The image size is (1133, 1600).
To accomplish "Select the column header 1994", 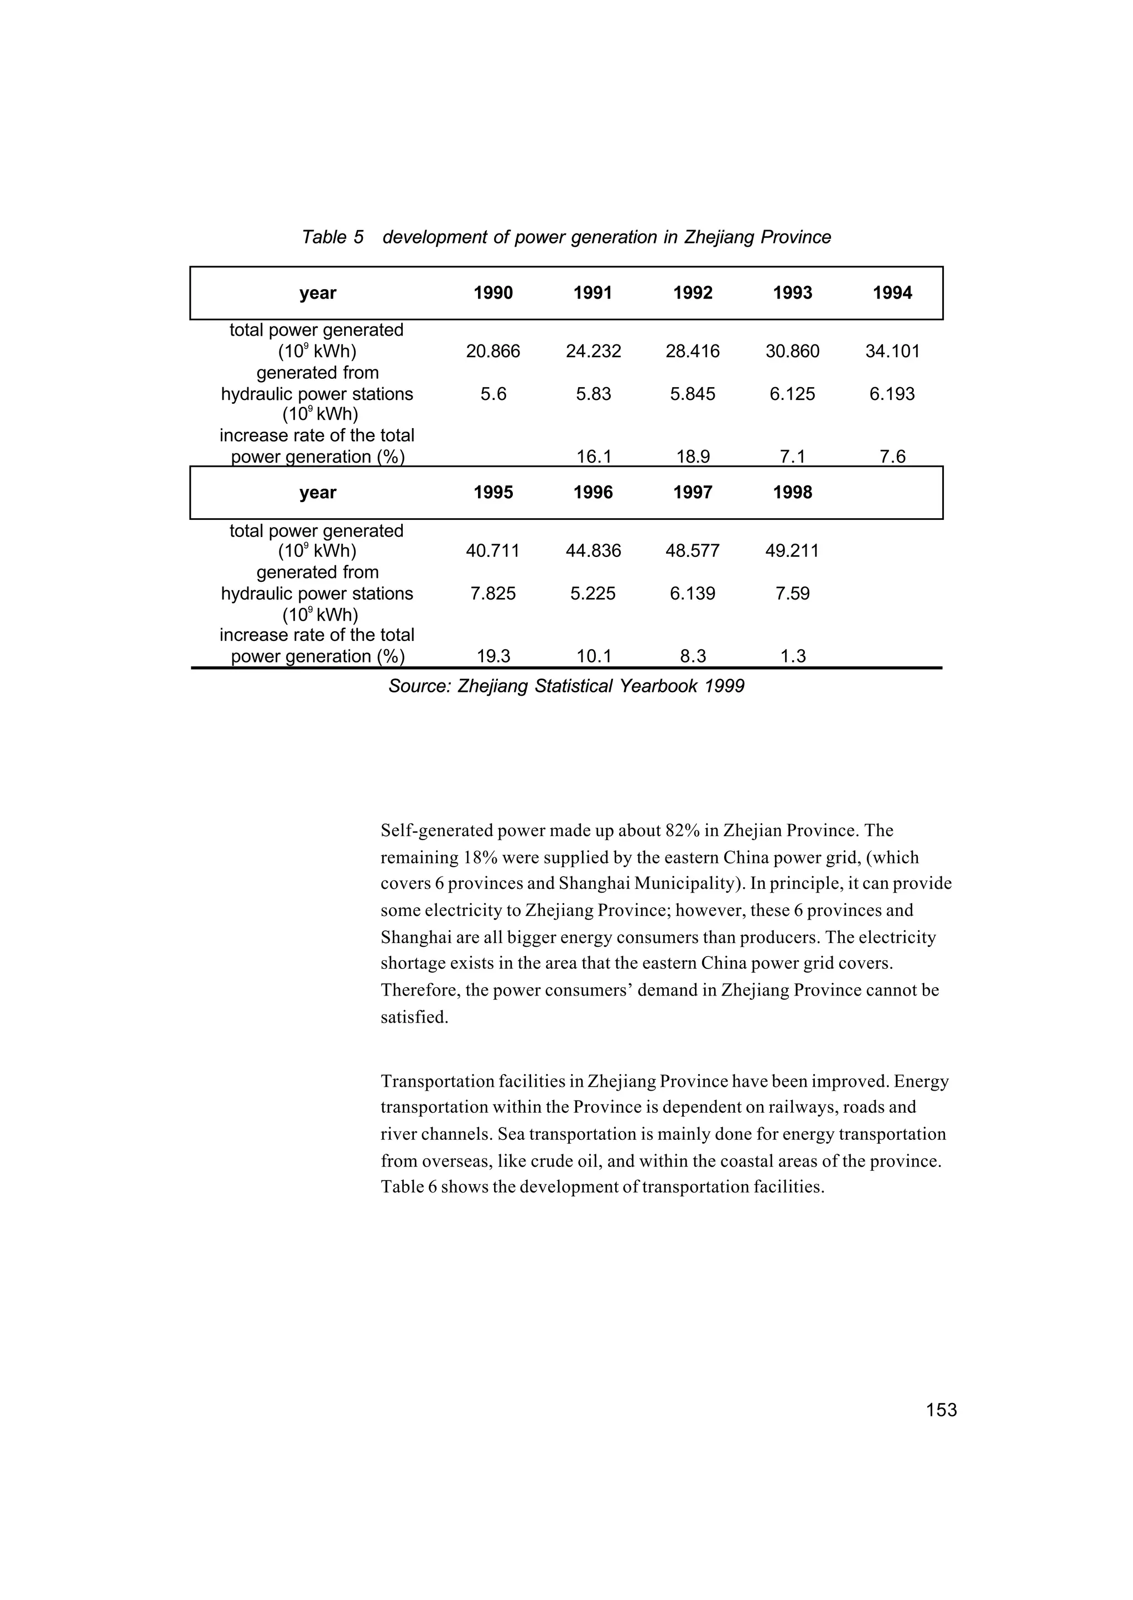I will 892,293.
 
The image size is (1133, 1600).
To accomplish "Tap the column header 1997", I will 692,492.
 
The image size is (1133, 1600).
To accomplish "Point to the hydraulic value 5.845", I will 692,394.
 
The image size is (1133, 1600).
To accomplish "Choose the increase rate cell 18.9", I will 692,457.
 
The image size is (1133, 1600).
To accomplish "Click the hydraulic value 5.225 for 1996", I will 593,593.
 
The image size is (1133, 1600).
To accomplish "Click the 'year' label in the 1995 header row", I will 318,492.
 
